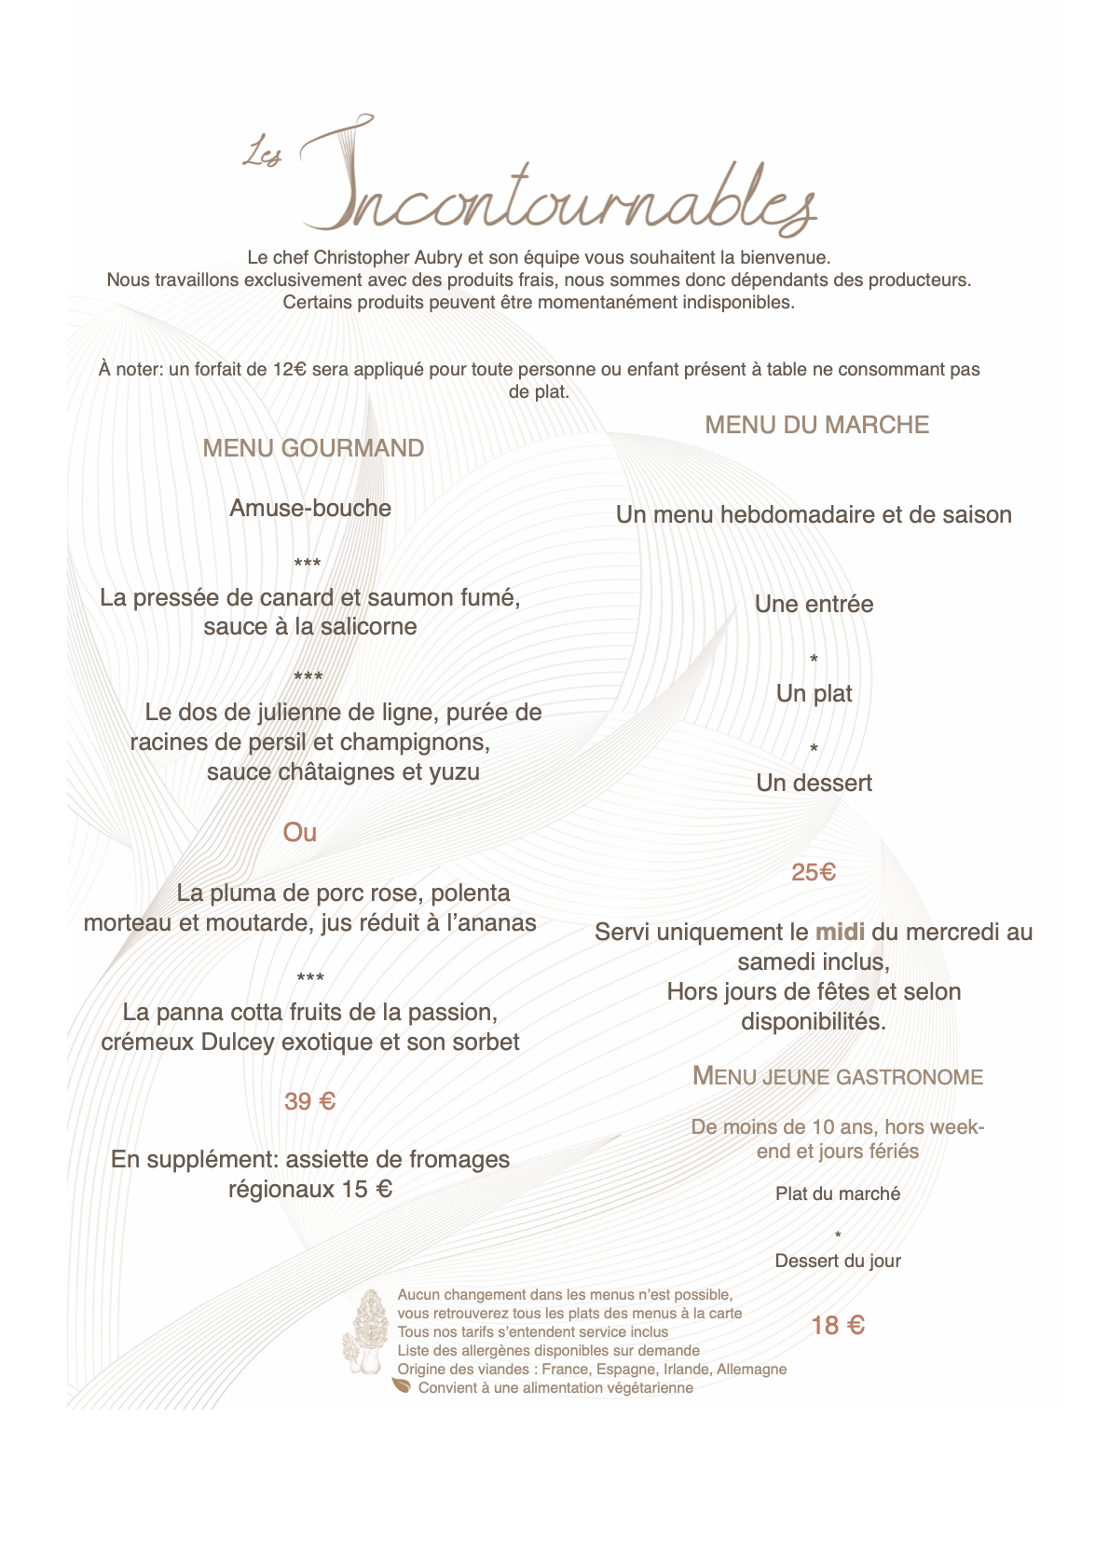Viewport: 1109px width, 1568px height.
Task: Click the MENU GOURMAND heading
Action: (313, 448)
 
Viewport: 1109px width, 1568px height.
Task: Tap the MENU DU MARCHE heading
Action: (816, 425)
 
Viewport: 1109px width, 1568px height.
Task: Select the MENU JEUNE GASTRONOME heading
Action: (838, 1077)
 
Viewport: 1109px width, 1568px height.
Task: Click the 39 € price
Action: (309, 1101)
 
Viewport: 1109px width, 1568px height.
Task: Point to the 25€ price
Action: (814, 872)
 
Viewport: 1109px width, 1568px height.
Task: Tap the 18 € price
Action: (838, 1325)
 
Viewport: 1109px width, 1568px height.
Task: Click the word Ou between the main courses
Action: (300, 832)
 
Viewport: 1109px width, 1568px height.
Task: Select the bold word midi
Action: (840, 932)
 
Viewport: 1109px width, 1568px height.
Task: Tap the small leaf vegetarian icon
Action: (402, 1386)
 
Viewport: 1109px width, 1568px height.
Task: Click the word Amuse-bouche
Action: (310, 508)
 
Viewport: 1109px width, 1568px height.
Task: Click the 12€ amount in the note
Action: (290, 369)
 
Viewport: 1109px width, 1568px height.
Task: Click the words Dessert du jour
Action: (838, 1261)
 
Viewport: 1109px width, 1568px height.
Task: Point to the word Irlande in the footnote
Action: (686, 1369)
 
